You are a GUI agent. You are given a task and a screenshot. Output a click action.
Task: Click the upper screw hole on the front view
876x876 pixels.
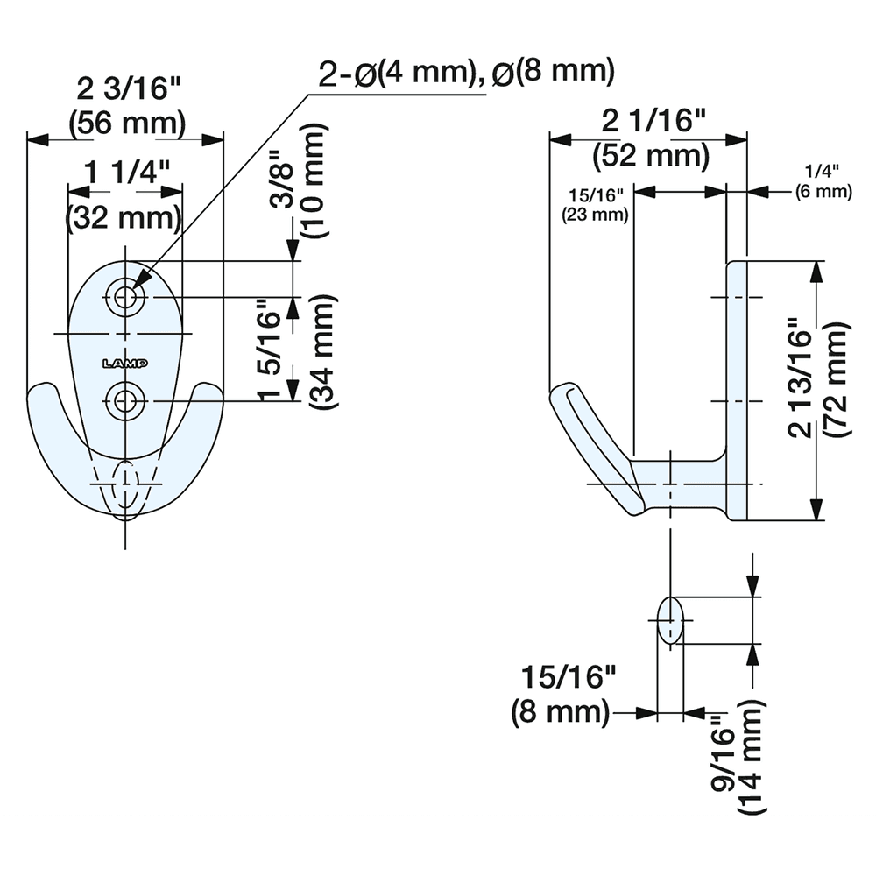click(127, 297)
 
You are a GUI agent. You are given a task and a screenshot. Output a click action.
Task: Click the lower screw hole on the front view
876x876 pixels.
click(127, 401)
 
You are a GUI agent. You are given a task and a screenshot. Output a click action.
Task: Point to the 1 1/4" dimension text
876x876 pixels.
click(125, 173)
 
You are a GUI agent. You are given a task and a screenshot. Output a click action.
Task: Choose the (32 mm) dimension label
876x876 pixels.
click(125, 215)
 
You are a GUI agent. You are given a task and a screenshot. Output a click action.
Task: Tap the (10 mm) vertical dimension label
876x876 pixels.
click(314, 181)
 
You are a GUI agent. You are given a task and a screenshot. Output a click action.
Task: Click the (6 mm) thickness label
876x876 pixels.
click(823, 191)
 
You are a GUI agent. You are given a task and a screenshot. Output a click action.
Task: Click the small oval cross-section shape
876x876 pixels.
click(670, 620)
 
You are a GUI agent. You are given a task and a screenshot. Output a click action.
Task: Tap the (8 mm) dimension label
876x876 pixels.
click(561, 711)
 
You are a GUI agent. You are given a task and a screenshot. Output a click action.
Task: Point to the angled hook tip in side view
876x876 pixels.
click(596, 447)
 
